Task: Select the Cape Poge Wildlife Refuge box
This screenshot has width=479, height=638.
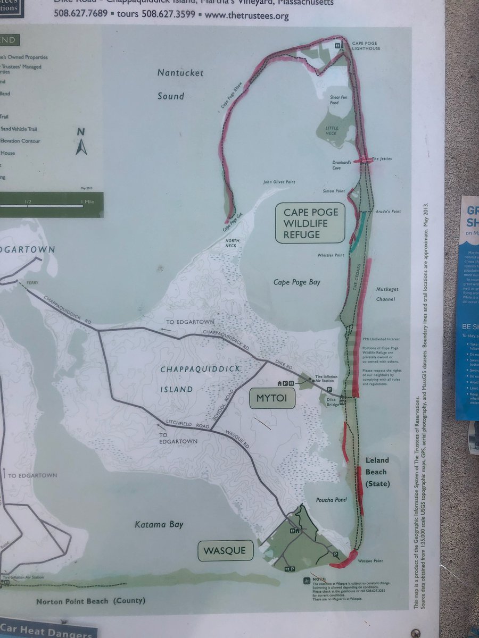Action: click(310, 223)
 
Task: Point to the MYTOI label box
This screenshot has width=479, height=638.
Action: click(272, 398)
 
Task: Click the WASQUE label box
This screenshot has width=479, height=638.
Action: click(225, 550)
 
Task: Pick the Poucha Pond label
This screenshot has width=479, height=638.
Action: click(332, 500)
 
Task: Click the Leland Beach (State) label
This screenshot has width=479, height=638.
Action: click(377, 472)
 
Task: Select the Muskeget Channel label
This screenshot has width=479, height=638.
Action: click(387, 294)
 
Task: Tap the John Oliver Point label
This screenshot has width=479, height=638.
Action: click(279, 182)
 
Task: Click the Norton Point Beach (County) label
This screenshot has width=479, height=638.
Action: click(90, 601)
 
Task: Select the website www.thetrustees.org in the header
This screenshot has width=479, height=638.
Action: click(246, 15)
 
